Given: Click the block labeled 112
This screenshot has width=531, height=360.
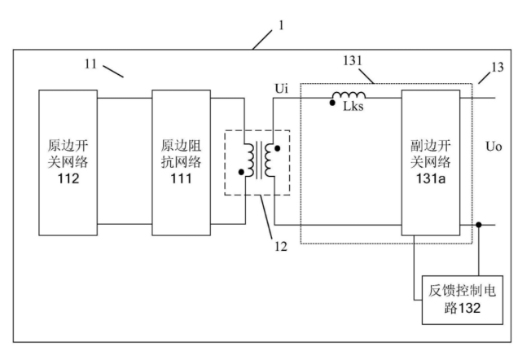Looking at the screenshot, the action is click(x=68, y=163).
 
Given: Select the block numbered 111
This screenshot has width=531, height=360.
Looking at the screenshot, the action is click(x=181, y=163).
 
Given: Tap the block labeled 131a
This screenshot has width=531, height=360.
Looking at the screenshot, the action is click(x=431, y=163).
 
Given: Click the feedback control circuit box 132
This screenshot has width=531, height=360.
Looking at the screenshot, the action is click(x=463, y=300).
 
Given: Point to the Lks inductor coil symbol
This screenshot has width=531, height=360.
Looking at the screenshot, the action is click(x=349, y=95).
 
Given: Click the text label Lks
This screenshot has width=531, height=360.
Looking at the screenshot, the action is click(x=353, y=107).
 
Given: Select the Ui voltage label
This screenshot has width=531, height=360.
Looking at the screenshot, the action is click(x=282, y=89).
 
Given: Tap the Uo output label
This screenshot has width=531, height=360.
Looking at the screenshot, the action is click(x=494, y=147).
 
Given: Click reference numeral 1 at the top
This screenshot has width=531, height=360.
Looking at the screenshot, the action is click(x=281, y=25).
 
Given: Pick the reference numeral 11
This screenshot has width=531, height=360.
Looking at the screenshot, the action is click(x=90, y=64).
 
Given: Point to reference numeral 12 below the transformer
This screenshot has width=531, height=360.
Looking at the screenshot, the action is click(x=281, y=246).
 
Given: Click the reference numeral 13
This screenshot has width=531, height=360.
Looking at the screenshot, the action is click(x=497, y=67).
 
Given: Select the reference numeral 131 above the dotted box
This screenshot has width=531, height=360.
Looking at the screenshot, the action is click(x=353, y=60).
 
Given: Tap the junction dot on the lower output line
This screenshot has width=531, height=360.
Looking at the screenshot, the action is click(x=479, y=225).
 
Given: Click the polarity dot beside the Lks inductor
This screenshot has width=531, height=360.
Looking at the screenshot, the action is click(x=332, y=103).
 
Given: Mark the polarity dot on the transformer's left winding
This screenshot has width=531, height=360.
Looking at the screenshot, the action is click(x=241, y=172).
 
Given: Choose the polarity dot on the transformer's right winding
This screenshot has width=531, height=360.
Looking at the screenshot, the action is click(x=278, y=148).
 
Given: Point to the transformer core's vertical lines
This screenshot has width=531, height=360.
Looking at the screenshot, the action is click(x=260, y=160).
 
